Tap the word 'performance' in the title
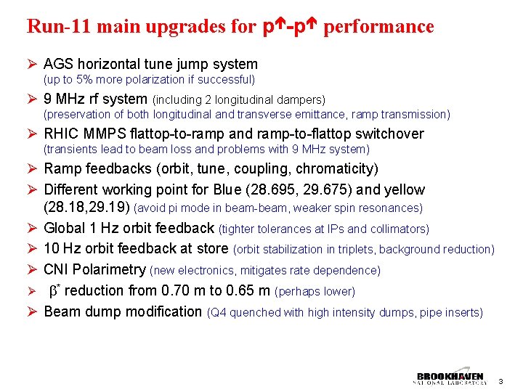pos(378,27)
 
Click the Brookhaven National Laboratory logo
pos(450,378)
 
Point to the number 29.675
pos(351,189)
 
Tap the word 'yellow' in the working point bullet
pos(403,189)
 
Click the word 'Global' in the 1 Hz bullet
pos(65,228)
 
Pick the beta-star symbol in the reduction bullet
pos(53,290)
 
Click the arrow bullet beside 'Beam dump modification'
pos(32,311)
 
